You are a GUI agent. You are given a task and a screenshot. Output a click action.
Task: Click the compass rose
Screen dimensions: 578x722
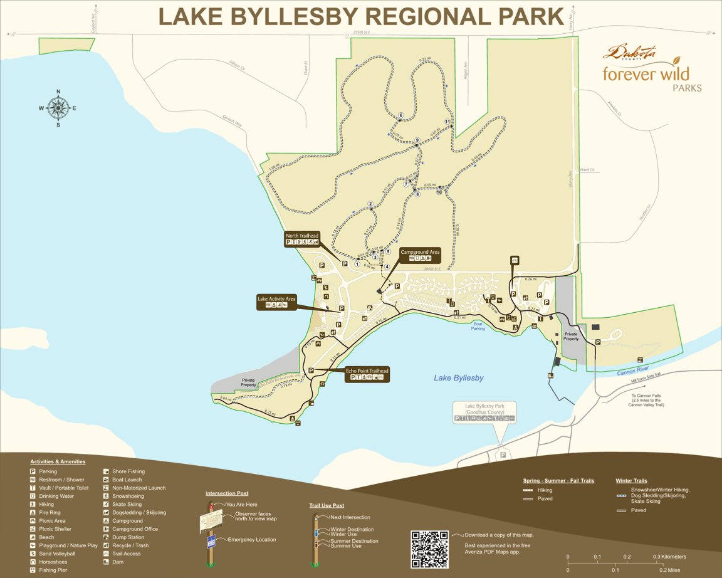[x=58, y=108]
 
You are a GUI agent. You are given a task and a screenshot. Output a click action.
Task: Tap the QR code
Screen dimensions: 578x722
[x=429, y=549]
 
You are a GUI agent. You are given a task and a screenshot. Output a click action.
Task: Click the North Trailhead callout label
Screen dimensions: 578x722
[x=302, y=239]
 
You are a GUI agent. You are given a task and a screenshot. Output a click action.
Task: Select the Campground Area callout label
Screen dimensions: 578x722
[x=420, y=255]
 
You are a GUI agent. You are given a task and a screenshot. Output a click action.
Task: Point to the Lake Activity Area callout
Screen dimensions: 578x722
[x=276, y=302]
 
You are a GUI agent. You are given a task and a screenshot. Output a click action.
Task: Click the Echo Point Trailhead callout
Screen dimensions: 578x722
[x=367, y=374]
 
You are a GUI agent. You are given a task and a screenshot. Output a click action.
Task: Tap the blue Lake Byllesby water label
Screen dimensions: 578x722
[x=459, y=378]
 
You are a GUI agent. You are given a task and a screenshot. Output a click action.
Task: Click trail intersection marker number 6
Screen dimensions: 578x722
[x=400, y=115]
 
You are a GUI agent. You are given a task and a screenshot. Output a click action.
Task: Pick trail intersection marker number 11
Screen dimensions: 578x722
[x=447, y=122]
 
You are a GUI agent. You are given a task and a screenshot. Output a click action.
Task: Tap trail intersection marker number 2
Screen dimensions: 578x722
[x=370, y=204]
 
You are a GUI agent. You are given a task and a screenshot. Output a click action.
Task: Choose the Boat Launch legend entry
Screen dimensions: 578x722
[x=127, y=480]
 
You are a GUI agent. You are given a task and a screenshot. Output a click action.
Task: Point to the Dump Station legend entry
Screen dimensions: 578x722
[x=128, y=537]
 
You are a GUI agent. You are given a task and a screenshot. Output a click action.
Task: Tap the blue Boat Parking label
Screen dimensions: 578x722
[x=478, y=326]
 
